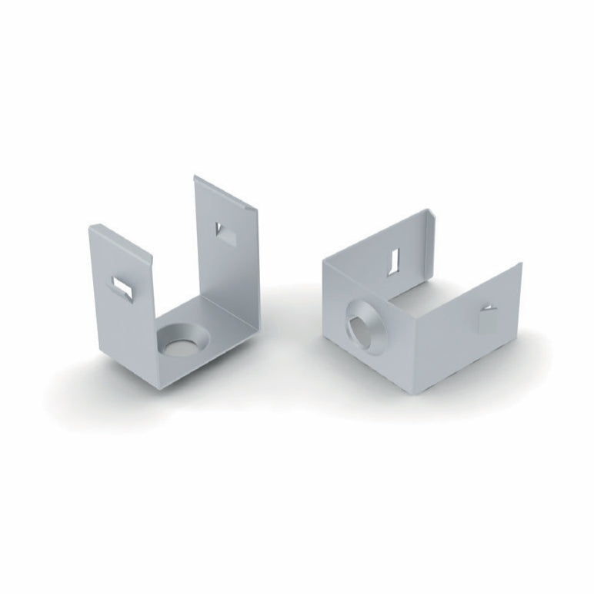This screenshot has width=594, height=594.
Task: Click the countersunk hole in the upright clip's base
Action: click(x=183, y=341)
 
